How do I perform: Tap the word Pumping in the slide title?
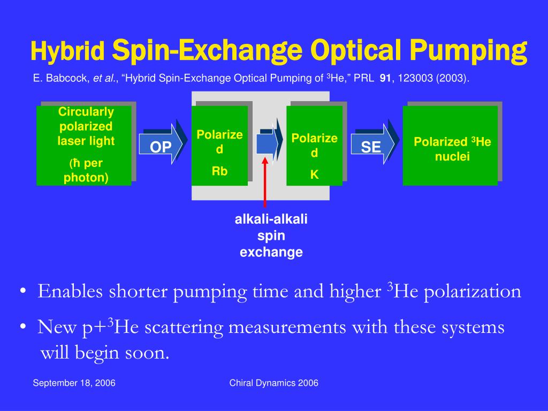tap(471, 51)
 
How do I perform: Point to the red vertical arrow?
tap(265, 182)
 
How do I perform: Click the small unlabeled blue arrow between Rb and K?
tap(267, 143)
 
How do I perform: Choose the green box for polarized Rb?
tap(219, 146)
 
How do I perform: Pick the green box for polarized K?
tap(314, 146)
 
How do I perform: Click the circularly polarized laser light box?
tap(85, 146)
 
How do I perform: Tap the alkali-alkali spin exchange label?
tap(271, 235)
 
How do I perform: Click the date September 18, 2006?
tap(74, 383)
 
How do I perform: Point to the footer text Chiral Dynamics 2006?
tap(273, 383)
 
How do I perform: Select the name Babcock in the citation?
tap(69, 79)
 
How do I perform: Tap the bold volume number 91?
tap(385, 79)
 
